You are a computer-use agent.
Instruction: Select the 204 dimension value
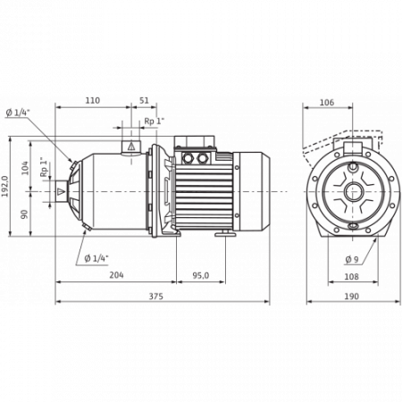tap(116, 274)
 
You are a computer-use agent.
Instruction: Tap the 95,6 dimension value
tap(201, 274)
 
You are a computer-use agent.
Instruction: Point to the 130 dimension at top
tap(92, 100)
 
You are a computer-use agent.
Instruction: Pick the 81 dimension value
tap(144, 100)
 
